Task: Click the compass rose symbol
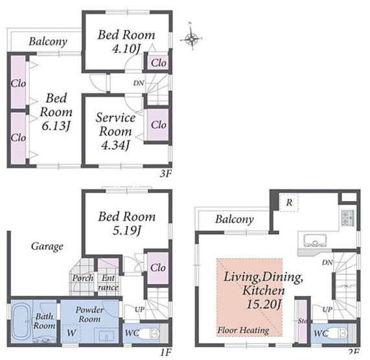pyautogui.click(x=192, y=38)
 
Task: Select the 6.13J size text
pyautogui.click(x=56, y=126)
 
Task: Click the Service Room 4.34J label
pyautogui.click(x=115, y=131)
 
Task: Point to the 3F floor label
pyautogui.click(x=165, y=174)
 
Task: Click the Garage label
pyautogui.click(x=47, y=246)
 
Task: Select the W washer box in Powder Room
pyautogui.click(x=71, y=333)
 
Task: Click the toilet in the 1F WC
pyautogui.click(x=152, y=333)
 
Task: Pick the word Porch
pyautogui.click(x=83, y=278)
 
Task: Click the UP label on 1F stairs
pyautogui.click(x=140, y=309)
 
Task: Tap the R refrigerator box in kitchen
pyautogui.click(x=289, y=202)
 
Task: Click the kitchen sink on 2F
pyautogui.click(x=315, y=241)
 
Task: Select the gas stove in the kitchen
pyautogui.click(x=347, y=218)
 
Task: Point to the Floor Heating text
pyautogui.click(x=243, y=330)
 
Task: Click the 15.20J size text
pyautogui.click(x=264, y=304)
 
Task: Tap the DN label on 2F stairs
pyautogui.click(x=327, y=262)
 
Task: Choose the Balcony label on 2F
pyautogui.click(x=235, y=219)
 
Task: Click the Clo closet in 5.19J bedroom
pyautogui.click(x=158, y=268)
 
